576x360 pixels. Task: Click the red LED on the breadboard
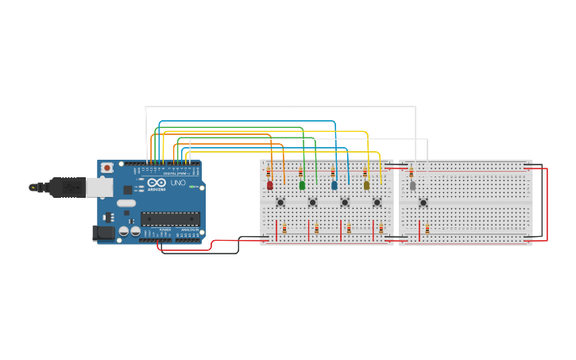(269, 185)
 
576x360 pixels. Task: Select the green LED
(302, 185)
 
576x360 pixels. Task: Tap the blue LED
(334, 185)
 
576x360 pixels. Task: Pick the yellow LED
(366, 185)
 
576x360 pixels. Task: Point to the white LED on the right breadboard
(412, 186)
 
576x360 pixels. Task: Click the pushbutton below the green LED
(312, 203)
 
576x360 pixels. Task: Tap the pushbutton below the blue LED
(345, 203)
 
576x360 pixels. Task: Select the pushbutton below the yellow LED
(377, 203)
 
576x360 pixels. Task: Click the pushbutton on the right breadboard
(423, 203)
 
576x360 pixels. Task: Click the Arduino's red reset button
(106, 168)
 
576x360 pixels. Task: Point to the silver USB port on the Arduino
(99, 188)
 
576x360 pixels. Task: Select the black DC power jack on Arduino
(102, 233)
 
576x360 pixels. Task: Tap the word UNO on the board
(178, 183)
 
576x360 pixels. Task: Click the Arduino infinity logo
(157, 183)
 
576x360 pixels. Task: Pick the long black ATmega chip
(170, 219)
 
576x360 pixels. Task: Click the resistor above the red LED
(269, 172)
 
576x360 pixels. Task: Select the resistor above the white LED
(411, 172)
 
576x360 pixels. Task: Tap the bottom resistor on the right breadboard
(427, 229)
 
